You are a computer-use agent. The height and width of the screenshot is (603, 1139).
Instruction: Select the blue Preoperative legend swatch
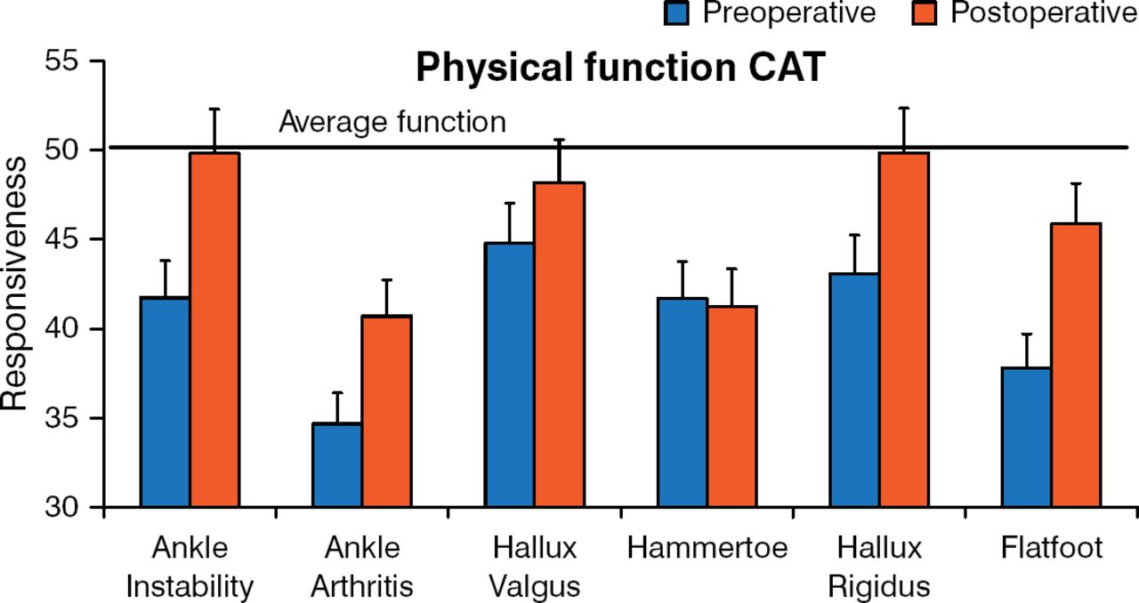click(x=677, y=12)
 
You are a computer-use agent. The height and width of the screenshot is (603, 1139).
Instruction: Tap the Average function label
click(x=392, y=123)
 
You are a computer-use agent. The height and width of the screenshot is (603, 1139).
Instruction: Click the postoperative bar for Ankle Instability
click(x=214, y=330)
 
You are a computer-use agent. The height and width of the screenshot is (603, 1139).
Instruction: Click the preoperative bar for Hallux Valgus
click(x=509, y=374)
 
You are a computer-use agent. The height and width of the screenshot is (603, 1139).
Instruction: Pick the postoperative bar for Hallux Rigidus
click(x=903, y=330)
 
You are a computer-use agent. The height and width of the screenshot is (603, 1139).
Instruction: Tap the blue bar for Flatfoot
click(x=1026, y=437)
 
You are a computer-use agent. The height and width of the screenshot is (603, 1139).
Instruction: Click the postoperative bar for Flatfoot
click(x=1076, y=366)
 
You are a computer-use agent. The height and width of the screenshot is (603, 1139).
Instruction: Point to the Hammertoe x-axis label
click(x=707, y=549)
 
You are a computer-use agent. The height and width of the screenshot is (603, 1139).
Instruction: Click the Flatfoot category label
click(x=1051, y=549)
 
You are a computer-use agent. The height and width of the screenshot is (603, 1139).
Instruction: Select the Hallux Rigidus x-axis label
click(x=878, y=567)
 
